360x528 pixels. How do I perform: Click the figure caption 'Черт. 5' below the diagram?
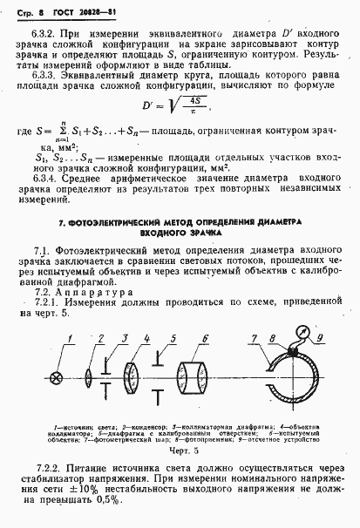[x=178, y=453]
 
